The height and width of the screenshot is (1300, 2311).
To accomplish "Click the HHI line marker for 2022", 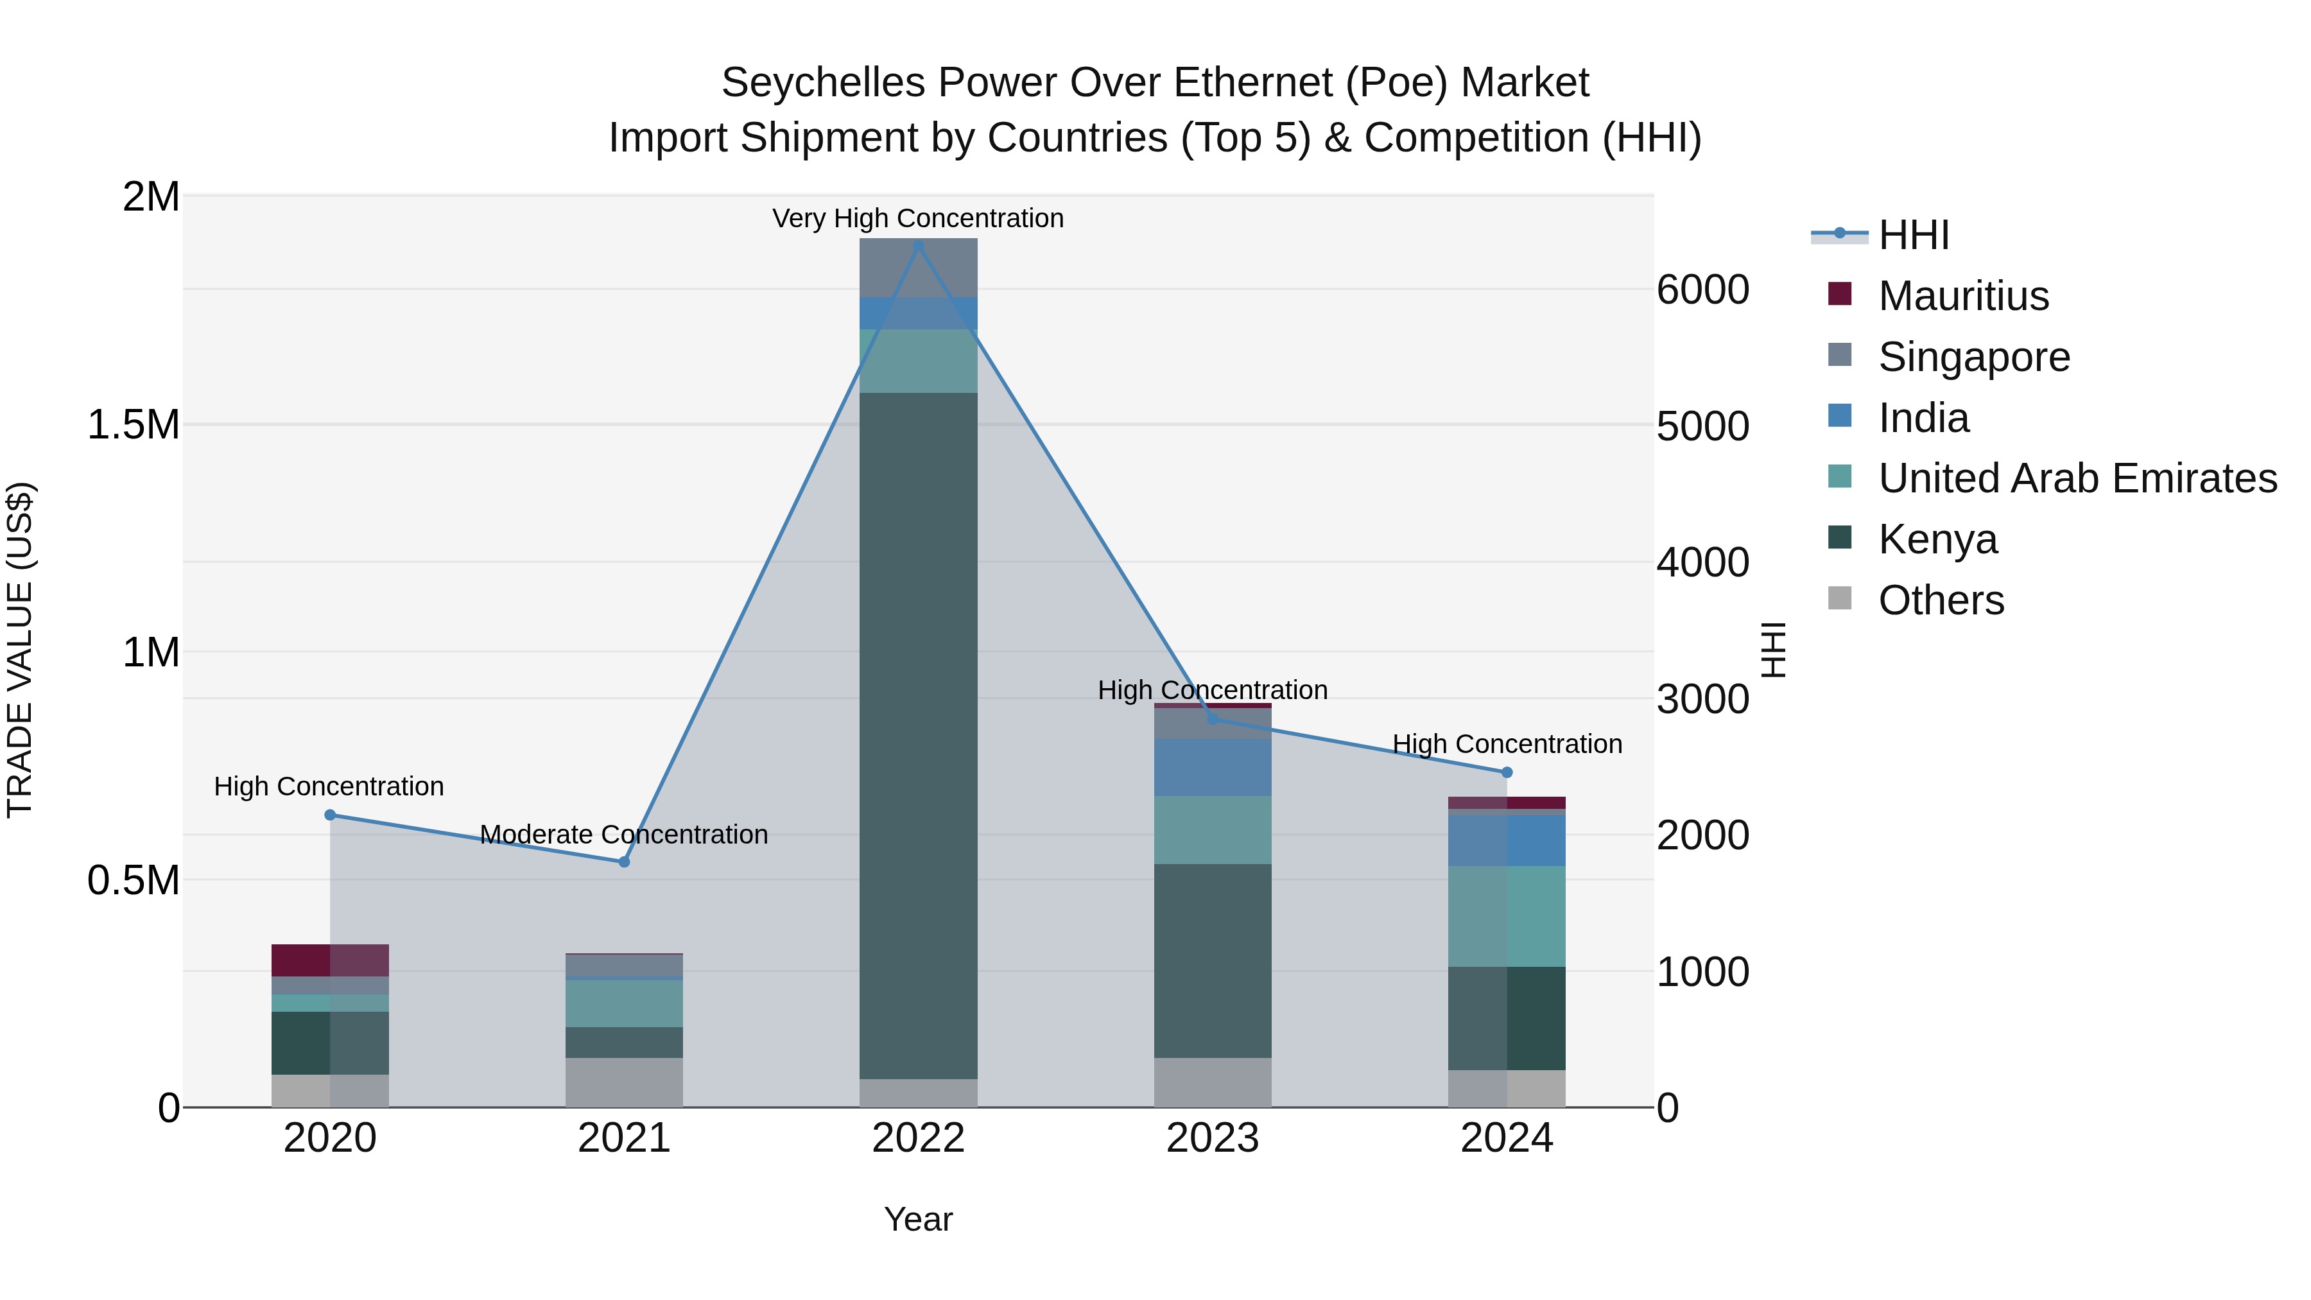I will click(918, 245).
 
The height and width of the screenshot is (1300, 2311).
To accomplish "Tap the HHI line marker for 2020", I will click(330, 815).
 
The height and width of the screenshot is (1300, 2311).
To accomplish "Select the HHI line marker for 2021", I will click(625, 862).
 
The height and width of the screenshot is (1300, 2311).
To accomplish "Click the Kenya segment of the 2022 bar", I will click(918, 736).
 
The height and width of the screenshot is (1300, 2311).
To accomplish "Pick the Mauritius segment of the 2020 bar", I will click(330, 960).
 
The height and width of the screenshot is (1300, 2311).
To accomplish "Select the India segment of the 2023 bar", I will click(1212, 767).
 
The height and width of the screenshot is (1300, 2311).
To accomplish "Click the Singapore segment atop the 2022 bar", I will click(918, 267).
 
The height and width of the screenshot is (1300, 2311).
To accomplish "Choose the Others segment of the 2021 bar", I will click(625, 1082).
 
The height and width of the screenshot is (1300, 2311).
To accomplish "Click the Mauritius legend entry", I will click(1963, 296).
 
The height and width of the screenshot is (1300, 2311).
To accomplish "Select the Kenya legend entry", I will click(1938, 539).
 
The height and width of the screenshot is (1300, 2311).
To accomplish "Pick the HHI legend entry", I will click(1913, 235).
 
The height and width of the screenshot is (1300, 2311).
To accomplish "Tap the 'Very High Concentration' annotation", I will click(918, 218).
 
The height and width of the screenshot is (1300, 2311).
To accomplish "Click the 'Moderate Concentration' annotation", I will click(625, 835).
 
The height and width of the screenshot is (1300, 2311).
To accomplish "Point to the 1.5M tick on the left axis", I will click(134, 425).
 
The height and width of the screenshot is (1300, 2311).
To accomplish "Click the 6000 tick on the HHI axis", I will click(1702, 290).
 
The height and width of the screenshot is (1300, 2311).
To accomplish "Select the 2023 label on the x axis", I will click(1212, 1138).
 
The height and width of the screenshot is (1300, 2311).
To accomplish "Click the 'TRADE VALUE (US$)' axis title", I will click(20, 650).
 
